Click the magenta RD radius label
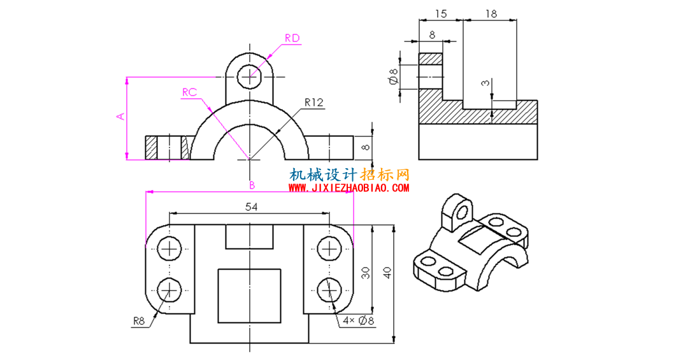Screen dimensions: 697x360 point(292,38)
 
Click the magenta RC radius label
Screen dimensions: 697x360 point(189,92)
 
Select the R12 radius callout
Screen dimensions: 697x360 point(314,103)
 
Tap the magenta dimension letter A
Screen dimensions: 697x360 point(120,117)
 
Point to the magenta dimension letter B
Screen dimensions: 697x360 point(252,185)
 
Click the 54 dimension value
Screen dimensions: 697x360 point(252,206)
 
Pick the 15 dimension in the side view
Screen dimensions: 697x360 point(440,14)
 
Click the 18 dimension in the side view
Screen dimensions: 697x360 point(491,14)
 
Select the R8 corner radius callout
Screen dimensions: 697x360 point(139,321)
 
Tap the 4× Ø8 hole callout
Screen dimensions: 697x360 point(358,320)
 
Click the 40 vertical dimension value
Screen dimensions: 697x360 point(387,273)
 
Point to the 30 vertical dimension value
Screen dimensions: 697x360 point(366,273)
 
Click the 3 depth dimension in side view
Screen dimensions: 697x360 point(485,83)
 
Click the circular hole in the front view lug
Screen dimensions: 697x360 point(249,77)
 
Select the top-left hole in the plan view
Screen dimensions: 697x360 point(169,248)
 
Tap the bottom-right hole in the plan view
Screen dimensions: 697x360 point(329,290)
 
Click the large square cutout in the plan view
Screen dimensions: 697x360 point(249,296)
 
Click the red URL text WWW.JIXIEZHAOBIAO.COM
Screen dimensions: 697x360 point(349,188)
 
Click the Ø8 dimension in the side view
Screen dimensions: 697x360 point(393,76)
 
